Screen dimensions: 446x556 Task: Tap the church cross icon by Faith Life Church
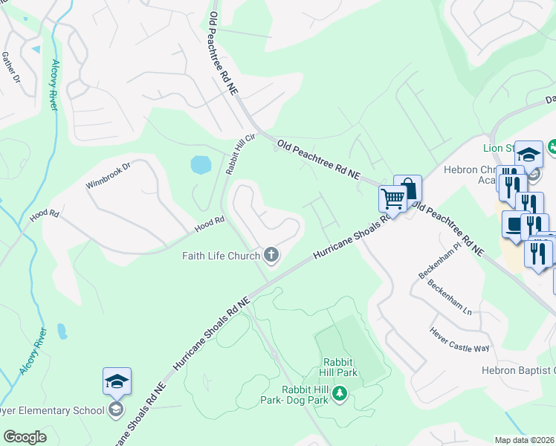[x=271, y=256]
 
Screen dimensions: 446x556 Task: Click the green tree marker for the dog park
[x=339, y=392]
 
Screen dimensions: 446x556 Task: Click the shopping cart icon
[x=392, y=198]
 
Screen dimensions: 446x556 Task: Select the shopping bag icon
[x=407, y=189]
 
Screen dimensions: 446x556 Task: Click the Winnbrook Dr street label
[x=108, y=175]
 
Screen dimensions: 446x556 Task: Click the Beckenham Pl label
[x=434, y=264]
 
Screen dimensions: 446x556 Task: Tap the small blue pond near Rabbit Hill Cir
[x=200, y=164]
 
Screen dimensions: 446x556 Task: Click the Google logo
[x=25, y=437]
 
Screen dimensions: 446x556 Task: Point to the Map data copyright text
[x=525, y=440]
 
